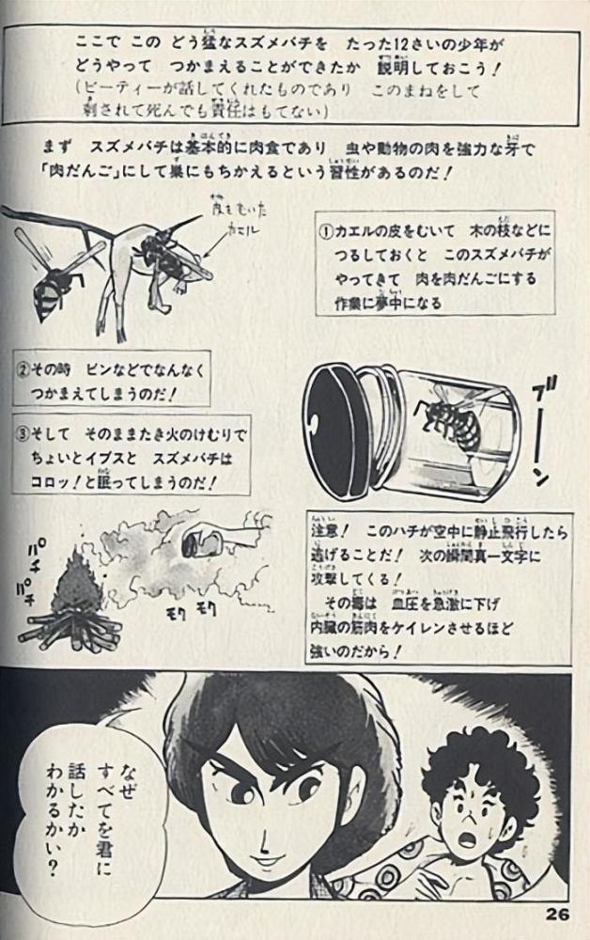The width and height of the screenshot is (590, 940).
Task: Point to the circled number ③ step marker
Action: click(26, 434)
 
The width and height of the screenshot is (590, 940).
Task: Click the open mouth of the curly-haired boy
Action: click(468, 836)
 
